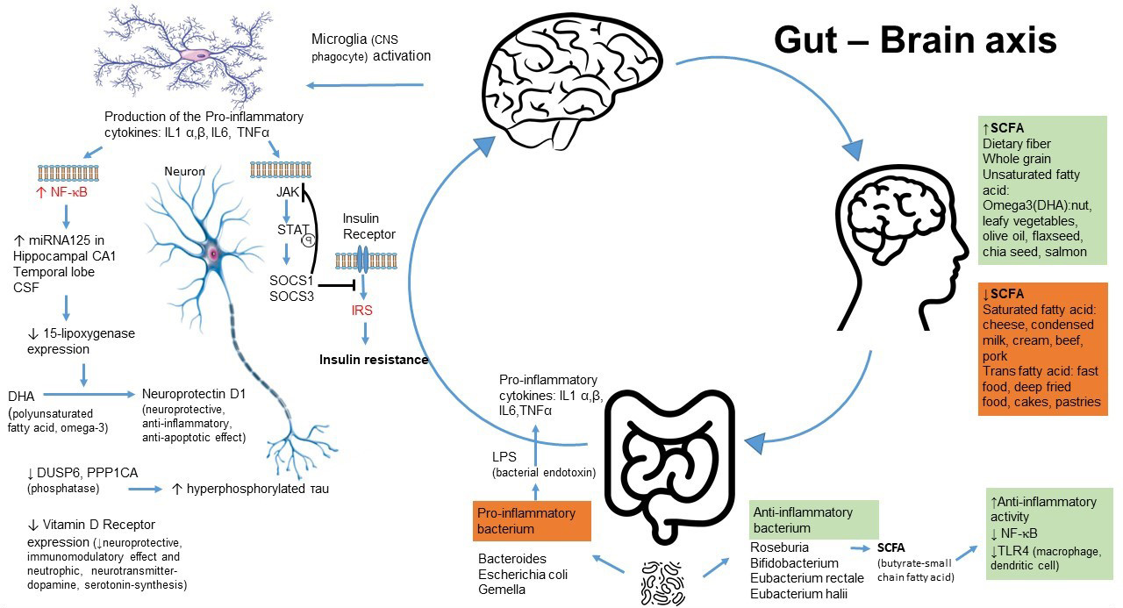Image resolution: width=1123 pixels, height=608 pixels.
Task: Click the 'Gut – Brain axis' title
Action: click(915, 40)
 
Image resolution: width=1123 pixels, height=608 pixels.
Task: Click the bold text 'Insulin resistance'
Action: click(374, 360)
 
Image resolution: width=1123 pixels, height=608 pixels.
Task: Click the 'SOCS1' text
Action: click(289, 280)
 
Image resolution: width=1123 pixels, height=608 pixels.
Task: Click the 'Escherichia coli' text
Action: click(523, 575)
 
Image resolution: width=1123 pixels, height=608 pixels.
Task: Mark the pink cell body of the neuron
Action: click(213, 253)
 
